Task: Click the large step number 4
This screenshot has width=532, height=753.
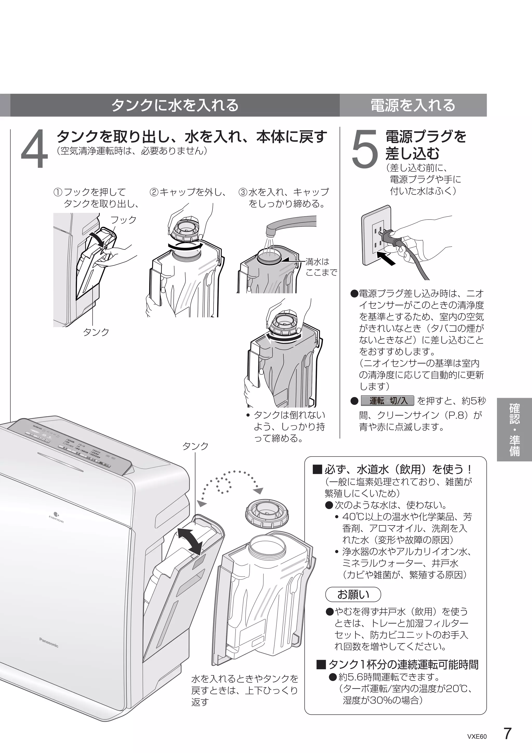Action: point(34,149)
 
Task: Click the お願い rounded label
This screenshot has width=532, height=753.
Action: point(353,594)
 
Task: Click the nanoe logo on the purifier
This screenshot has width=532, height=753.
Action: point(56,518)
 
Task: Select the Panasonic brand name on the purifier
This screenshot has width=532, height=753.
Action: point(49,643)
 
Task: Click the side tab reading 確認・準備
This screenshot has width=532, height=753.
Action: point(514,430)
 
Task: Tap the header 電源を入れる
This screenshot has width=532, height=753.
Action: point(413,105)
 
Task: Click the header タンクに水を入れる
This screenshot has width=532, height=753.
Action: point(175,105)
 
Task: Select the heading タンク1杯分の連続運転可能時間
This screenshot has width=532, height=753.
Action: point(397,664)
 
